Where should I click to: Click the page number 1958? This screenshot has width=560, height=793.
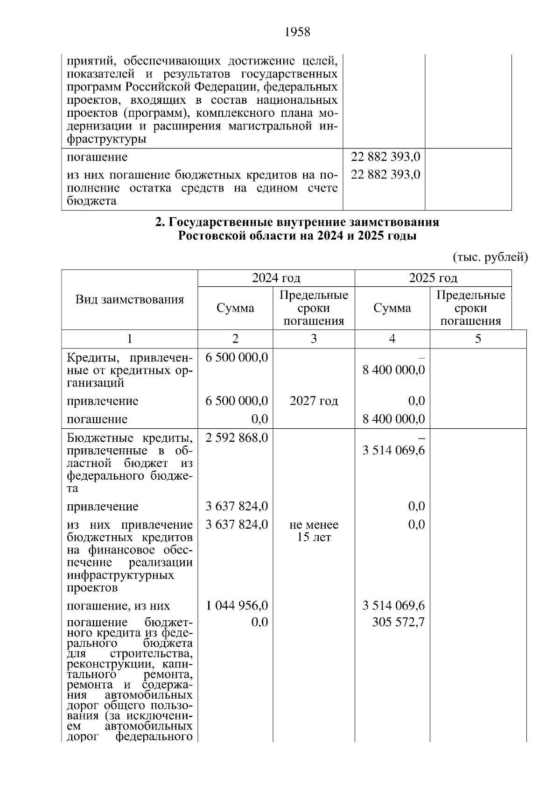point(297,32)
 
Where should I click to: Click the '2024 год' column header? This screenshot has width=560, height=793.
point(276,278)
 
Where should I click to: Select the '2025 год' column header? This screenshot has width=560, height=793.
point(433,278)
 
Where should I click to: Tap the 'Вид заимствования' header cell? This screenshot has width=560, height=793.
point(130,299)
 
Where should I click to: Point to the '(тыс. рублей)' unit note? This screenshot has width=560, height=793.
point(490,257)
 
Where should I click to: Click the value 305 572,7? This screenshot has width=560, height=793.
point(399,623)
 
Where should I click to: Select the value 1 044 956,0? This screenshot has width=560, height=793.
point(237,606)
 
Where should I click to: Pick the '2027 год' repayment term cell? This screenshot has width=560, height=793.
point(314,401)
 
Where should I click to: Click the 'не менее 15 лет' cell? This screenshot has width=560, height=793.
point(314,531)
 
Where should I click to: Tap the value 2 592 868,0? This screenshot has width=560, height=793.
point(237,438)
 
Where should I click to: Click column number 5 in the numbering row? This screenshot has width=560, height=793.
point(478,339)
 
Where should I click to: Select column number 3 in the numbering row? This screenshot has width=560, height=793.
point(314,339)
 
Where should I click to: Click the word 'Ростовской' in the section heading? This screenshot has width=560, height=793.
point(209,236)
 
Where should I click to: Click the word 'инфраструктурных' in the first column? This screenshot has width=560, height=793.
point(120,575)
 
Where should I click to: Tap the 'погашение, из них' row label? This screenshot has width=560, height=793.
point(119,606)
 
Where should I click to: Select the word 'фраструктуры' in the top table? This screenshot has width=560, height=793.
point(106,139)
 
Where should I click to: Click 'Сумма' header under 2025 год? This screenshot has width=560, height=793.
point(392,308)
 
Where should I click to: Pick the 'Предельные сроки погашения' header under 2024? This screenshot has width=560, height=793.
point(314,308)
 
